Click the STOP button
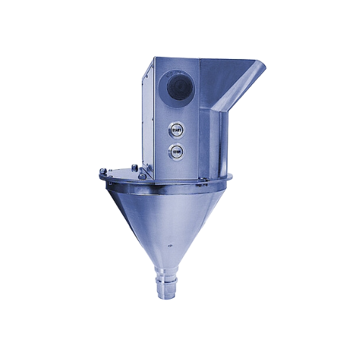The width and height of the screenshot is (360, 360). [176, 152]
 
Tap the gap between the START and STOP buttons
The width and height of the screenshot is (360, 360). [176, 141]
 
